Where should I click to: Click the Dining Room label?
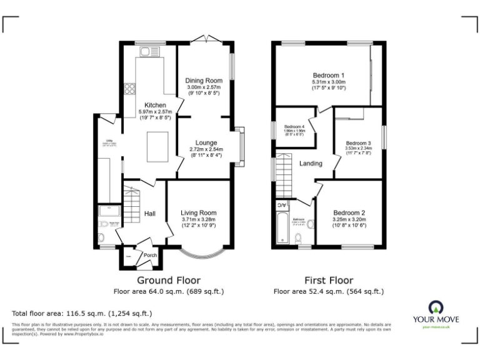click(x=204, y=81)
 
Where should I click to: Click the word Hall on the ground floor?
click(x=150, y=214)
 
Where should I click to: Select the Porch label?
click(x=151, y=255)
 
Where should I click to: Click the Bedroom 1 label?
click(x=329, y=75)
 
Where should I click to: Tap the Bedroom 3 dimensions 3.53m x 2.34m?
click(x=359, y=148)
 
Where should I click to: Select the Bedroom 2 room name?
click(x=349, y=212)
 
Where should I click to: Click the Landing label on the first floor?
click(x=311, y=164)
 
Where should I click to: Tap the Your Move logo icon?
click(x=436, y=307)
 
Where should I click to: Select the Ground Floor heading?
click(x=169, y=281)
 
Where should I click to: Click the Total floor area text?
click(x=82, y=313)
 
